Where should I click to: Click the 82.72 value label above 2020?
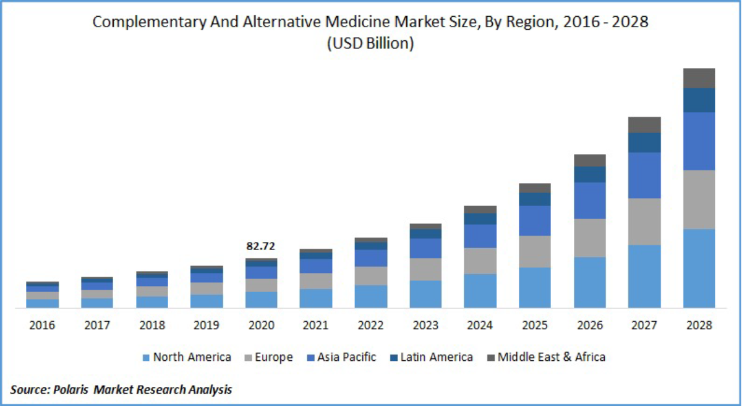pos(261,246)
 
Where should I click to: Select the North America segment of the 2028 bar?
pos(699,268)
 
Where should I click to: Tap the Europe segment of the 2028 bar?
pos(699,199)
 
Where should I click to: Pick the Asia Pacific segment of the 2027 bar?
pos(644,175)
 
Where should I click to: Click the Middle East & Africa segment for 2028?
pos(699,78)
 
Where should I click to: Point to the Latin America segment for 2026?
pos(590,174)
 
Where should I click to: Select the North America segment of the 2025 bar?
pos(535,287)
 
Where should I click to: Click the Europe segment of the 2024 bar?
pos(480,261)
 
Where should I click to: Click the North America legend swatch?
pos(146,357)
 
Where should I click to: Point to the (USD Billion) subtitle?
pos(370,44)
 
